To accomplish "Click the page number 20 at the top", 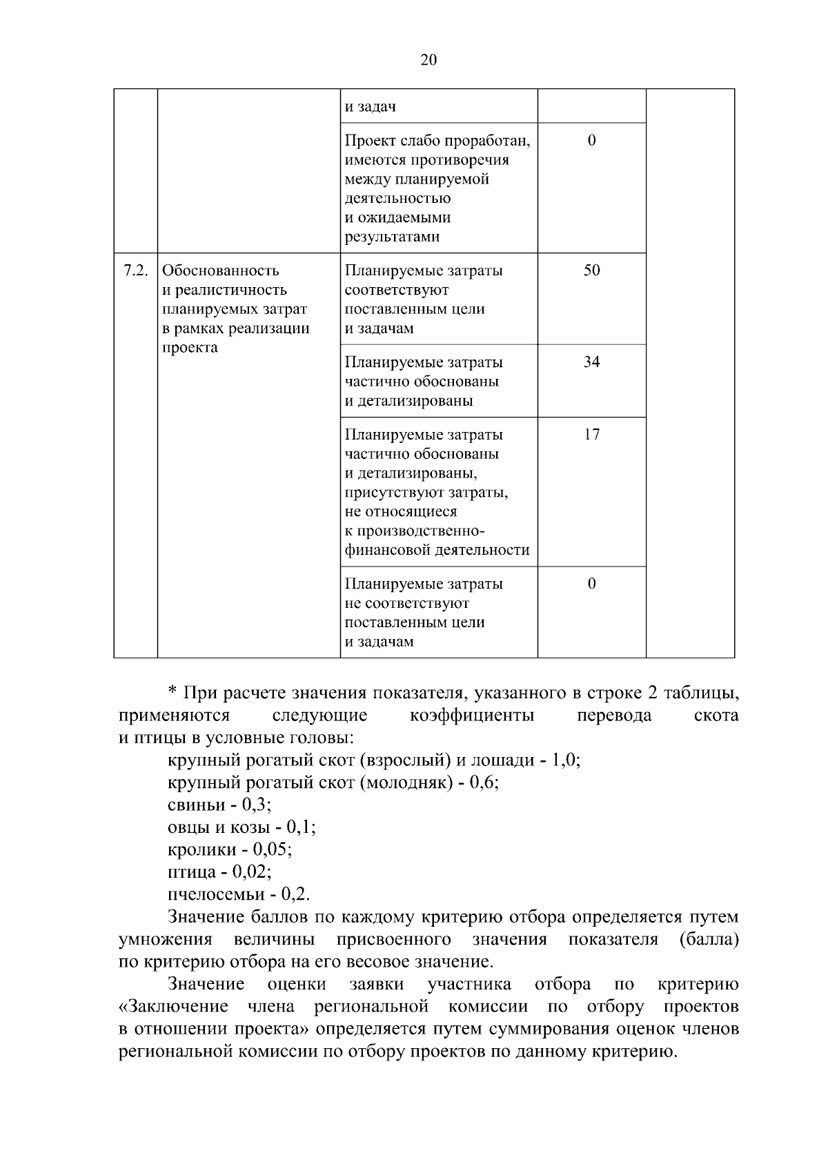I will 428,61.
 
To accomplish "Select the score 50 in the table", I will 591,270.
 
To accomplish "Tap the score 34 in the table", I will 591,362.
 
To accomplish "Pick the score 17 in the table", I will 591,435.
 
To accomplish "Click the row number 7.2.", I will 135,270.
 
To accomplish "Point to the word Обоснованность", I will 221,270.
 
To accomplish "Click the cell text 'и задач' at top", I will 371,108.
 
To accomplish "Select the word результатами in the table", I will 392,237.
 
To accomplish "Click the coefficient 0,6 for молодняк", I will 483,783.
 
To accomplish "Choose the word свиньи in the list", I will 196,805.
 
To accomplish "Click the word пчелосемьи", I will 216,894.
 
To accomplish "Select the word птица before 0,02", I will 190,872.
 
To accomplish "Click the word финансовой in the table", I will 388,551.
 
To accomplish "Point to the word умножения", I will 166,940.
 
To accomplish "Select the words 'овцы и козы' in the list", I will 218,827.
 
